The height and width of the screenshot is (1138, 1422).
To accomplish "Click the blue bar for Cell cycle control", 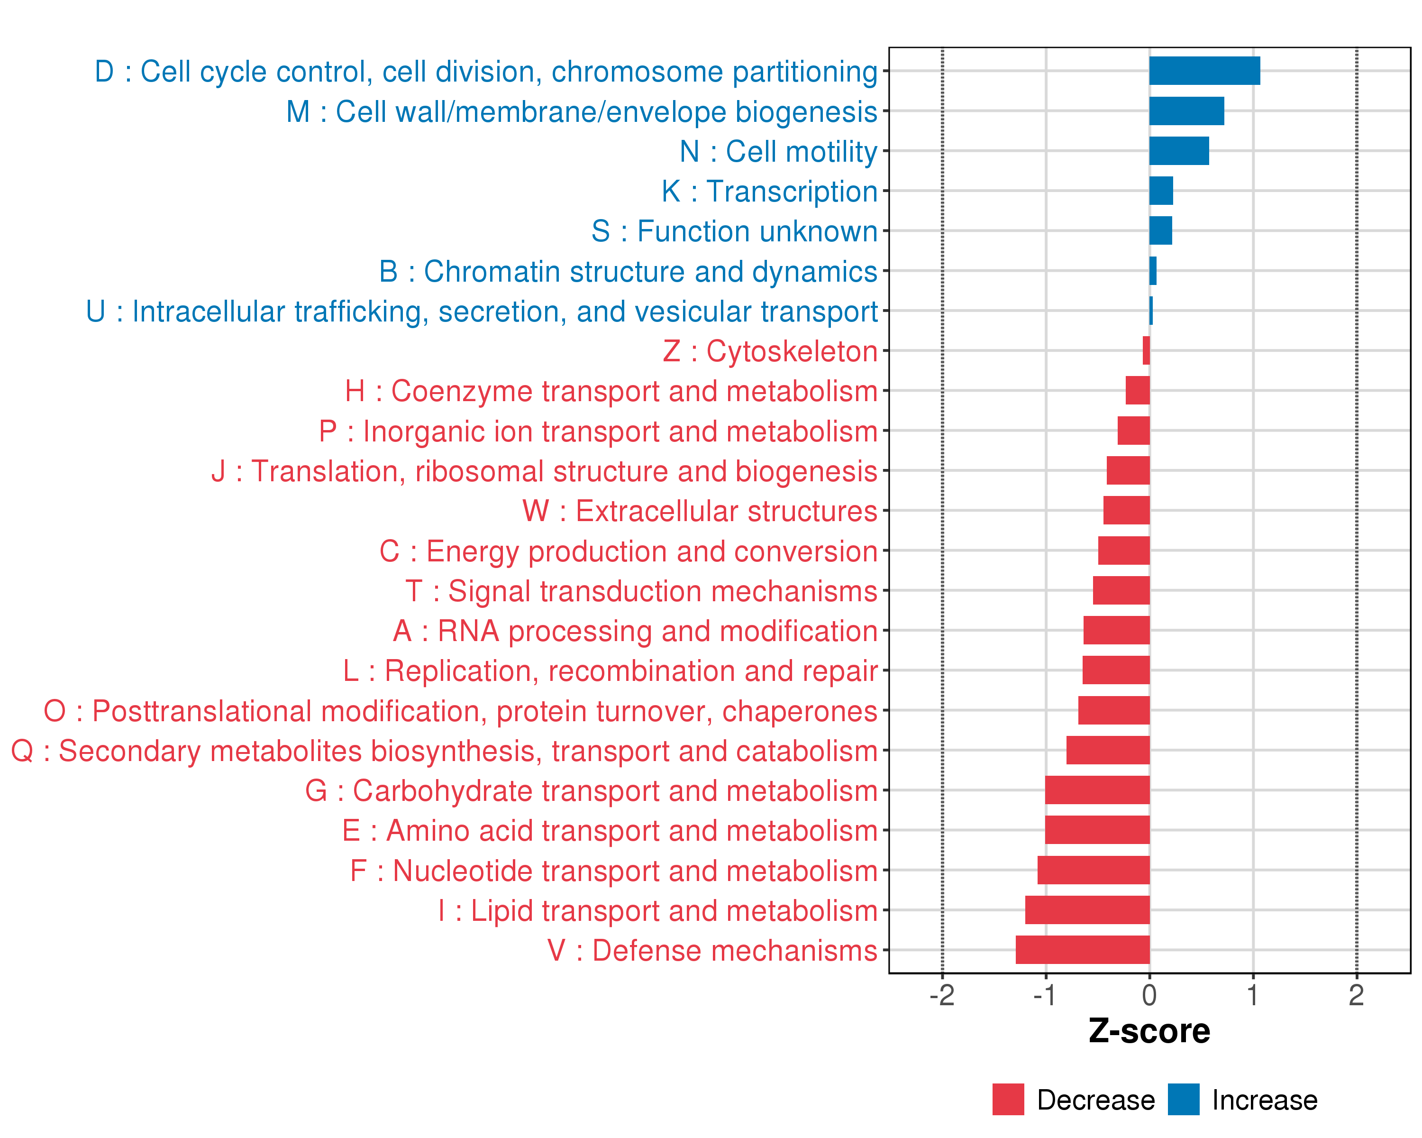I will [x=1204, y=71].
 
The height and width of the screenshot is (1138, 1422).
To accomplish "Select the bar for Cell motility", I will [x=1179, y=151].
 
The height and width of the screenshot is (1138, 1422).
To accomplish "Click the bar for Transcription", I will [x=1161, y=191].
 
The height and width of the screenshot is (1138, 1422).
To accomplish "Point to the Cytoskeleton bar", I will [x=1146, y=350].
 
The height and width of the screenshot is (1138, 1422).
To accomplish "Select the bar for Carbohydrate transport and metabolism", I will [x=1097, y=790].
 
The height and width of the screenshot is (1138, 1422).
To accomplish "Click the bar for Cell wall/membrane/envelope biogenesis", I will [x=1186, y=111].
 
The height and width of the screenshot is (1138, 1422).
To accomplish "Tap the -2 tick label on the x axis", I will [x=942, y=995].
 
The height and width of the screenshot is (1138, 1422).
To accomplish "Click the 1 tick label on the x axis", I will [x=1252, y=995].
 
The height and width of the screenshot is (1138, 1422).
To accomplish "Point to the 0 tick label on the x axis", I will [x=1149, y=995].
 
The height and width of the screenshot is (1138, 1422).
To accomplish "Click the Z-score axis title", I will [x=1149, y=1032].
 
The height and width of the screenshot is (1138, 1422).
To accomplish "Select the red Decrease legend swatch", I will [x=1008, y=1100].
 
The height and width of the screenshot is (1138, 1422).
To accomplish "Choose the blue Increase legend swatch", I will [x=1183, y=1100].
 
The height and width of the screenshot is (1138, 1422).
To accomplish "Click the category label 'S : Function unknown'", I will [x=734, y=231].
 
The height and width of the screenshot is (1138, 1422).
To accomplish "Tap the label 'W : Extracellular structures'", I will [x=700, y=511].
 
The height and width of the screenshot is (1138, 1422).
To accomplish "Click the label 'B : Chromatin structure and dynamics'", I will [x=628, y=272].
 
